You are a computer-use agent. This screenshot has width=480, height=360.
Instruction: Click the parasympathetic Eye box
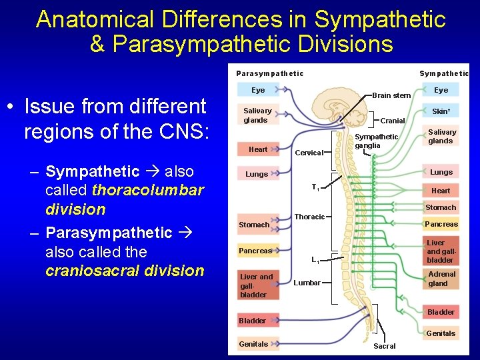pos(258,90)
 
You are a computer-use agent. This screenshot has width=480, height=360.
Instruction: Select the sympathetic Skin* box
pos(441,111)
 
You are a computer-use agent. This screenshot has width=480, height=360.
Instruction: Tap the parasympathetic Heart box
pos(258,149)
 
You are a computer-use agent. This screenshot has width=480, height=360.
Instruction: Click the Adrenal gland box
pos(441,279)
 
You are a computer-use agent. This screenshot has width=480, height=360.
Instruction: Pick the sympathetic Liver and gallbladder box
pos(441,251)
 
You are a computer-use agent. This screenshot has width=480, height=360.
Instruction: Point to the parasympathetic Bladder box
pos(253,321)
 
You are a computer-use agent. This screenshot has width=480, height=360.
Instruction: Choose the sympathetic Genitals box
pos(441,333)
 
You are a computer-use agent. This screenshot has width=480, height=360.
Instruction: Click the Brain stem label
pos(391,95)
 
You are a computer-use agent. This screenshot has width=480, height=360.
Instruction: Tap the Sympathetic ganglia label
pos(376,141)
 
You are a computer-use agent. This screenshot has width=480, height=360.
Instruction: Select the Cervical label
pos(309,153)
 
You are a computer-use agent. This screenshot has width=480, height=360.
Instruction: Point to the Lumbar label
pos(307,283)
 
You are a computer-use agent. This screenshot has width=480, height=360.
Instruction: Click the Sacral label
pos(385,346)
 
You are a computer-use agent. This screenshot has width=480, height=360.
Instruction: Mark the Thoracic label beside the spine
pos(309,217)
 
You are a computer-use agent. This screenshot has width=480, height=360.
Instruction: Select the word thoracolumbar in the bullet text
pos(148,190)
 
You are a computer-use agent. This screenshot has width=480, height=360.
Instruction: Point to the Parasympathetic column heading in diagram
pos(269,73)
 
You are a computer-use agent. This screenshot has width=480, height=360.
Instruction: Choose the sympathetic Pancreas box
pos(441,224)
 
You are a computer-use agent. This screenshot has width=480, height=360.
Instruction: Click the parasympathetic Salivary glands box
pos(258,115)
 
